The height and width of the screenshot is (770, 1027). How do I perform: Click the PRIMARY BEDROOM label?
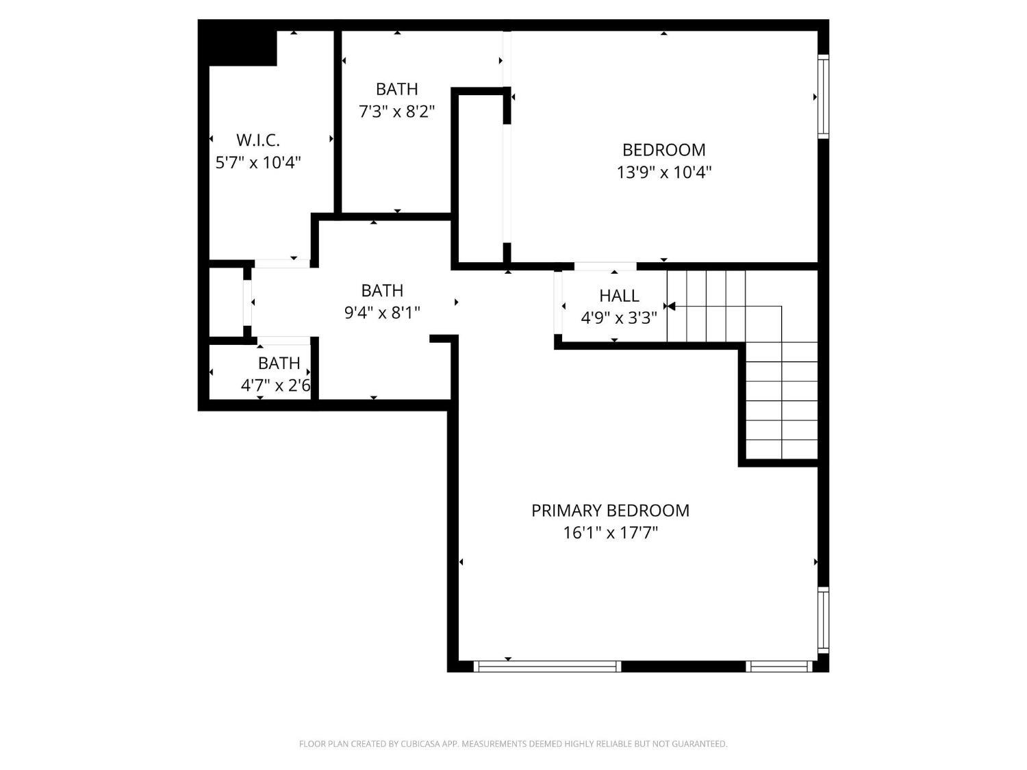(x=610, y=511)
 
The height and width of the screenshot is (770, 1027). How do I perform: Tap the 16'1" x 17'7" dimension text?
(x=610, y=533)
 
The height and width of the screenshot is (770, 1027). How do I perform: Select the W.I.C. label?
(x=258, y=140)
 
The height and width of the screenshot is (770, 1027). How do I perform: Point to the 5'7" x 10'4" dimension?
(x=258, y=163)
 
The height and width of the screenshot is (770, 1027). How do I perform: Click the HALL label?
(x=619, y=296)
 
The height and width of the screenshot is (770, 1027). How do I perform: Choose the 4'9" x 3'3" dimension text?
(x=619, y=318)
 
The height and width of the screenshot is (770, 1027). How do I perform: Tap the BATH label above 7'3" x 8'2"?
(x=396, y=89)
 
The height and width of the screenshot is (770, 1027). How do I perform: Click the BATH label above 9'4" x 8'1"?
(x=382, y=291)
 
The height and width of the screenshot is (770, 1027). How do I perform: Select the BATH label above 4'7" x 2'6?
(x=279, y=363)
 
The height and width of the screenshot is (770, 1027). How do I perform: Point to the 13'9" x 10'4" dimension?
(x=664, y=172)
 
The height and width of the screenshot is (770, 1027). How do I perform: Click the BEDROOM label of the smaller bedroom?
(x=664, y=150)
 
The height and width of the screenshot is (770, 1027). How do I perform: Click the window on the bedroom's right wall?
(x=823, y=97)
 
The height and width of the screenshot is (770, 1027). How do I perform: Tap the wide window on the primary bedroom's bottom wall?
(x=548, y=666)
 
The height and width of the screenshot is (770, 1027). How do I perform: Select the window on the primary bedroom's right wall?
(x=823, y=620)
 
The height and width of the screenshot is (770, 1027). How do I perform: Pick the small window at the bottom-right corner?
(x=779, y=666)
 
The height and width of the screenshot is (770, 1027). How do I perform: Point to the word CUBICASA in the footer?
(x=420, y=744)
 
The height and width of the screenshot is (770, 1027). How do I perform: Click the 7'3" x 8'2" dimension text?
(x=396, y=112)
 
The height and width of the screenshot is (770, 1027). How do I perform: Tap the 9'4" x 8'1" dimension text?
(x=382, y=313)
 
